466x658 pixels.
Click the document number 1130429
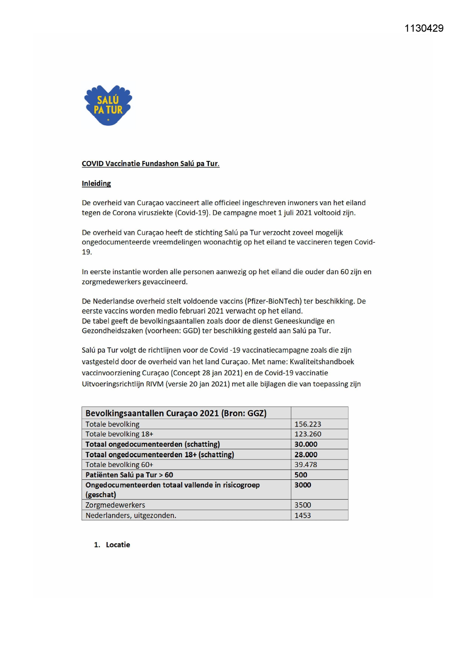(x=424, y=29)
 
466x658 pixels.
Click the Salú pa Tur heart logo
(x=108, y=105)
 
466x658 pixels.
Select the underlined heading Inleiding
(x=96, y=183)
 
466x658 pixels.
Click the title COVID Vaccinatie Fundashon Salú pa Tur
(x=150, y=164)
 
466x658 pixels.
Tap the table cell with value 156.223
(x=308, y=424)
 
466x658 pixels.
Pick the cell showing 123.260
(x=308, y=434)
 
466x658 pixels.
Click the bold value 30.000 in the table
(x=306, y=444)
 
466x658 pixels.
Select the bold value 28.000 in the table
(x=306, y=455)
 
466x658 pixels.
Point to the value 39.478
(x=306, y=464)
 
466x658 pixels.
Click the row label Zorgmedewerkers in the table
(x=115, y=505)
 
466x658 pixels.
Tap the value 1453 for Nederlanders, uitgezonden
(x=302, y=515)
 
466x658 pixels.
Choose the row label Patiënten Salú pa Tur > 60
(x=129, y=475)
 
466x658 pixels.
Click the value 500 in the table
(x=300, y=475)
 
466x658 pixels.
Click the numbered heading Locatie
(x=118, y=545)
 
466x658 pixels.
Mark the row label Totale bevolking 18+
(x=119, y=434)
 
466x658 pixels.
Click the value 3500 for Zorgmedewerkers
(x=302, y=505)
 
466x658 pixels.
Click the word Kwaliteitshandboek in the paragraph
(x=322, y=362)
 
